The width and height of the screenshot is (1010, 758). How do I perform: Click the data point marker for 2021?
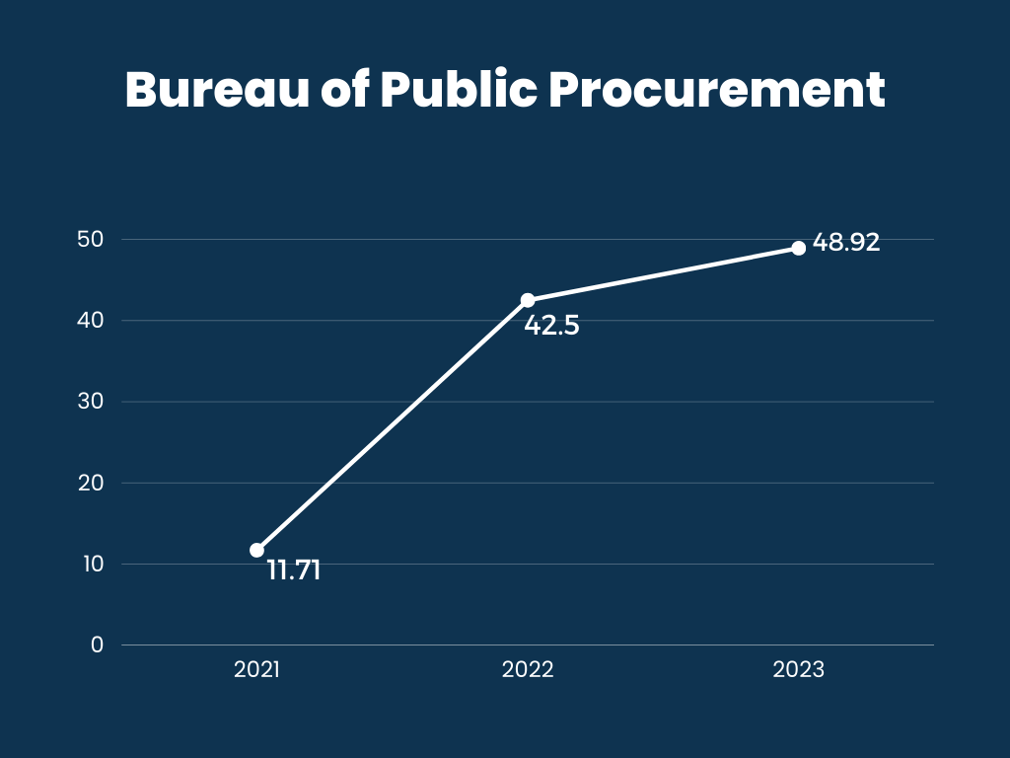(257, 550)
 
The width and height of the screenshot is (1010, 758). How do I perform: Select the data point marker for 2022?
(528, 300)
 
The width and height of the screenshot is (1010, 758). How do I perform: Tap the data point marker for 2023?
(798, 248)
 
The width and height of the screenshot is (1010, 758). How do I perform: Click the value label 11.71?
(294, 570)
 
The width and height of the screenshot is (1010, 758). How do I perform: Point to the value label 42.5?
(551, 325)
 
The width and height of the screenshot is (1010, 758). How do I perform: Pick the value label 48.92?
(846, 243)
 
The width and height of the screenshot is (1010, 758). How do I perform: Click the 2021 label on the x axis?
(257, 669)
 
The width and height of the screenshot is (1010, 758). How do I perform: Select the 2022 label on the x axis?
(528, 669)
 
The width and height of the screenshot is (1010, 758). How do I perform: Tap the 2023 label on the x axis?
(798, 669)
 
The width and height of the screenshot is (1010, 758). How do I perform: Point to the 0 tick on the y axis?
(97, 644)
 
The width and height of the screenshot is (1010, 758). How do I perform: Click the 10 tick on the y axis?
(92, 564)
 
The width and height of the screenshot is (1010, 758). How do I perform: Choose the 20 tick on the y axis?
(92, 483)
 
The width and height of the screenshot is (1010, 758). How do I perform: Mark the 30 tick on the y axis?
(92, 402)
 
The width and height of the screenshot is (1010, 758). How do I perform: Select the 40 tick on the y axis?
(92, 321)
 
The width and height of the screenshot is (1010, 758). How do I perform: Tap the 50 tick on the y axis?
(92, 240)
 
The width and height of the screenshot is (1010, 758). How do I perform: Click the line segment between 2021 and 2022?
(393, 425)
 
